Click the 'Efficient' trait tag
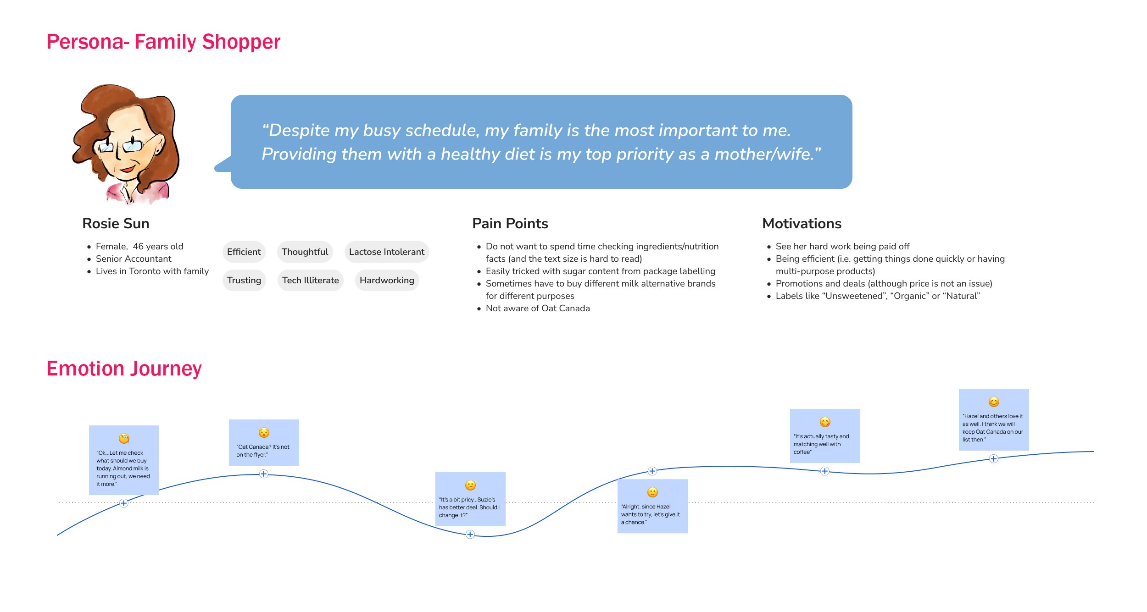(x=244, y=252)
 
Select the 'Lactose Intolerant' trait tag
(x=386, y=252)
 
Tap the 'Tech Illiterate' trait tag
(x=310, y=280)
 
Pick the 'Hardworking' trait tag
(x=387, y=280)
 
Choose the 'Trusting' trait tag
(x=244, y=280)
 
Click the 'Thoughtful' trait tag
(x=305, y=252)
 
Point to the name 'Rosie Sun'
(x=116, y=223)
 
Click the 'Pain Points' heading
(x=510, y=223)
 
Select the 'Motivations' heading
(x=802, y=223)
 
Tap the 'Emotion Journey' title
(x=124, y=369)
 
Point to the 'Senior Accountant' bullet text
(x=134, y=259)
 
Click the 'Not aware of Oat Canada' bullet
(x=538, y=308)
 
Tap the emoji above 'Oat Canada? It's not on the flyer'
(x=264, y=433)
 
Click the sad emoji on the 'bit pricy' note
(x=470, y=485)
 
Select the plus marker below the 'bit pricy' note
(x=470, y=534)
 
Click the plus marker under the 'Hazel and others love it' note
(x=993, y=458)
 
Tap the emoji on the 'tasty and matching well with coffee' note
(x=825, y=422)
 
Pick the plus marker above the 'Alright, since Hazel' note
(x=652, y=471)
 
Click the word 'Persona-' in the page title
(x=88, y=42)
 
